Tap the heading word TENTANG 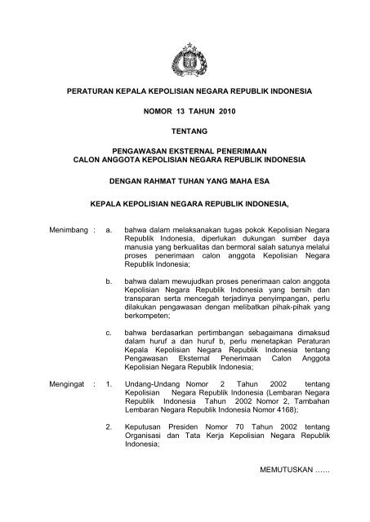[185, 130]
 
